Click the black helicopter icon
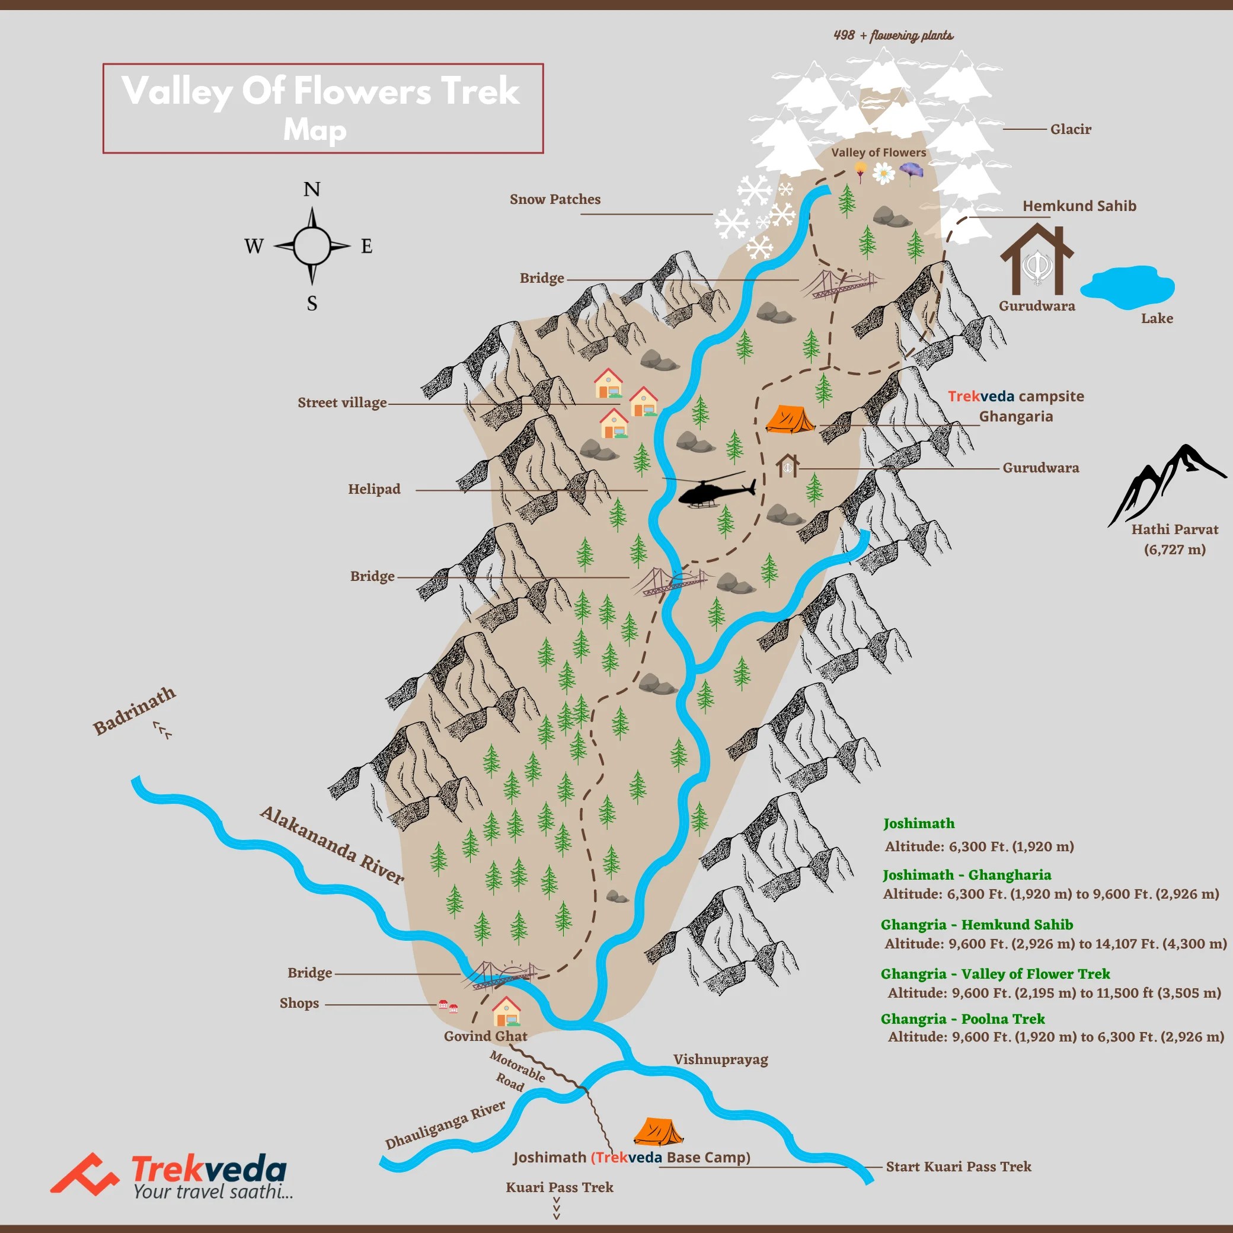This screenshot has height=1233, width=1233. [714, 491]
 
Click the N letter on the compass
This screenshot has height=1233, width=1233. [311, 190]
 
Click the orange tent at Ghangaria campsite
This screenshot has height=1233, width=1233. [790, 420]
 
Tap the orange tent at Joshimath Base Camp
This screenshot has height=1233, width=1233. [657, 1132]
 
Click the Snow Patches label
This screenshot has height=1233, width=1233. [555, 200]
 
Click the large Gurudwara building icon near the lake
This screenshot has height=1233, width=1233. [1036, 258]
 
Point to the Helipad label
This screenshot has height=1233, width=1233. [374, 490]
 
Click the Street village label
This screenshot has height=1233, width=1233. [342, 403]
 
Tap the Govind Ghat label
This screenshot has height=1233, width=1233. [485, 1036]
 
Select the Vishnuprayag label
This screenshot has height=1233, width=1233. [720, 1059]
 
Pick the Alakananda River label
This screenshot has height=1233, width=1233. [332, 845]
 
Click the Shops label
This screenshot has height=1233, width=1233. [299, 1003]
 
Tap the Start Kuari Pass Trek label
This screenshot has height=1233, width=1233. [958, 1167]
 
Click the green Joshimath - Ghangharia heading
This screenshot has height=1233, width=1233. [966, 875]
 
